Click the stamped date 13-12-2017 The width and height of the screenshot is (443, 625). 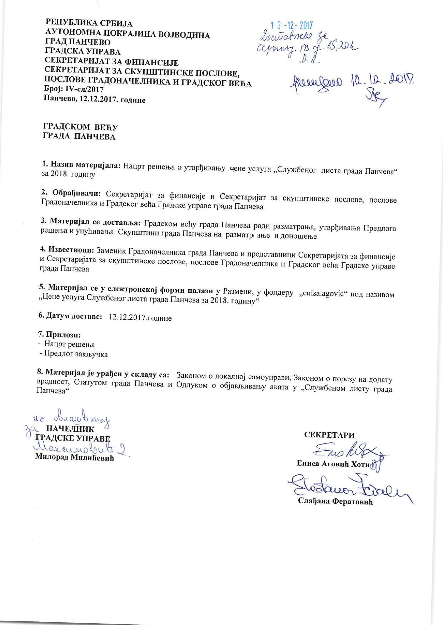[292, 25]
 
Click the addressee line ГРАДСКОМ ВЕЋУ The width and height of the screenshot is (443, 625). [80, 127]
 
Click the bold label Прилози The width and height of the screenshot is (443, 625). [59, 335]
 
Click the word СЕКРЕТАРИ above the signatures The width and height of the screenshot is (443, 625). [329, 435]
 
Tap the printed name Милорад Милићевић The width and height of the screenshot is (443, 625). [74, 458]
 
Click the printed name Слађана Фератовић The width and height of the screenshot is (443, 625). [335, 502]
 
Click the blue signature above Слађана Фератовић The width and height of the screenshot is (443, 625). [347, 486]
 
